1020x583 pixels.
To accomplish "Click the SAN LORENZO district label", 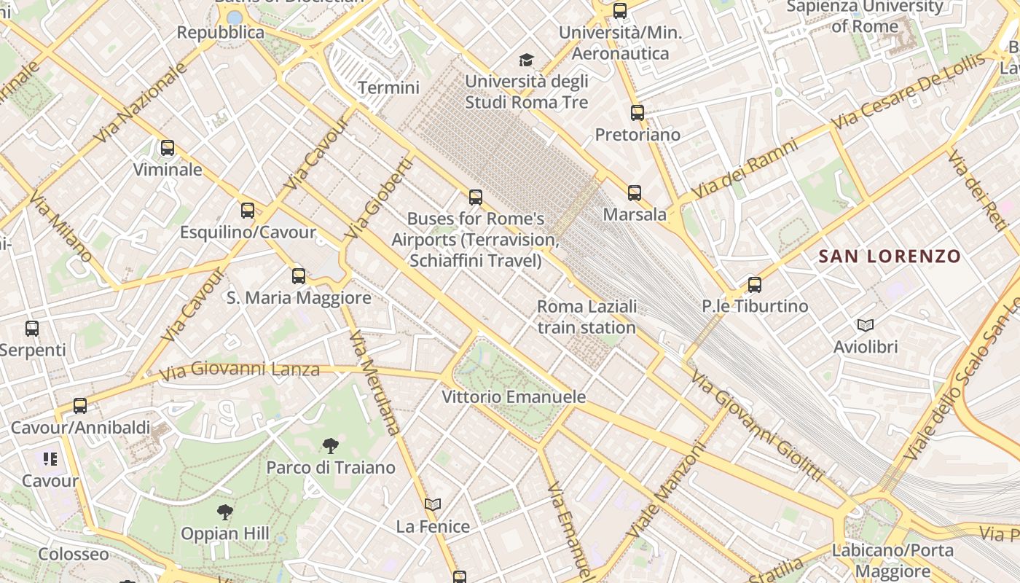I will coord(890,257).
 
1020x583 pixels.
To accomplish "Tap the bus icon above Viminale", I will coord(168,148).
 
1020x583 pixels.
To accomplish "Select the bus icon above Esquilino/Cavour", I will coord(248,211).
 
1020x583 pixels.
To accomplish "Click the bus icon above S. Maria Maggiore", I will coord(299,276).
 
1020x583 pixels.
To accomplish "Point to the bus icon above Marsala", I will coord(635,193).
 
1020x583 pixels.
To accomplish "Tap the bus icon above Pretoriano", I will coord(637,113).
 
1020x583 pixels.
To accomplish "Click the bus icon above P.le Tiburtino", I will coord(755,285).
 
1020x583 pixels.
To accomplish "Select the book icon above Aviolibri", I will coord(866,325).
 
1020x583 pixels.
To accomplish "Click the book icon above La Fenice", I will coord(433,504).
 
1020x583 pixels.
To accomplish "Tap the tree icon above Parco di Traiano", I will coord(331,445).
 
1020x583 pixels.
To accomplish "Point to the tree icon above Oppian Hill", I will coord(225,512).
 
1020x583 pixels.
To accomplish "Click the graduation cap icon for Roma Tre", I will coord(526,60).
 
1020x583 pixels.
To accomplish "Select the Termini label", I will coord(389,88).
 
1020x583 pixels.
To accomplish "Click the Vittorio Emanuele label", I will coord(514,397).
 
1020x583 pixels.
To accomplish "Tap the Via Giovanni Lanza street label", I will coord(240,370).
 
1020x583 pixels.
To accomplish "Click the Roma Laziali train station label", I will coord(586,317).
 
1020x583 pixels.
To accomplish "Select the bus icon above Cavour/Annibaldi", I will coord(80,406).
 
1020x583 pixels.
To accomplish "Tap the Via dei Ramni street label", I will coord(745,168).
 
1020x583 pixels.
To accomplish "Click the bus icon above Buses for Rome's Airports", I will coord(476,197).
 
